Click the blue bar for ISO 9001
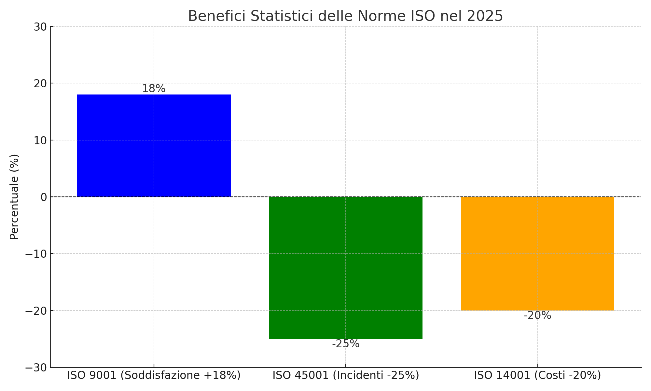click(x=154, y=146)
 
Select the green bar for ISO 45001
click(x=345, y=268)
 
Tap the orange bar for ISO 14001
click(x=537, y=253)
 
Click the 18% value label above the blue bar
click(x=154, y=89)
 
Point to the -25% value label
click(x=346, y=344)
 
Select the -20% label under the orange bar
click(x=537, y=315)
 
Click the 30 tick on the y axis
click(x=40, y=27)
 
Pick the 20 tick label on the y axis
click(x=40, y=84)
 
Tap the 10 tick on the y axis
click(x=40, y=141)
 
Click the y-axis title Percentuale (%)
click(x=14, y=197)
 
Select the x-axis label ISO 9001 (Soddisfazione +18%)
click(x=154, y=375)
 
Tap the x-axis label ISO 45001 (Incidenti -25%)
click(x=346, y=375)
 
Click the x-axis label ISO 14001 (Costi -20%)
click(x=537, y=375)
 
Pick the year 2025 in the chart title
click(x=485, y=16)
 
